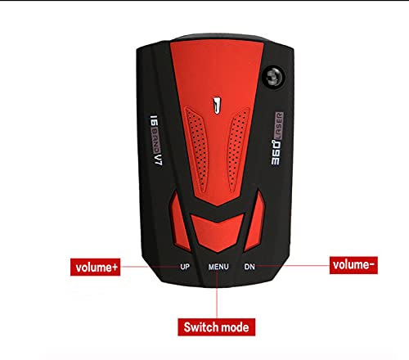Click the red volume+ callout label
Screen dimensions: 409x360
pyautogui.click(x=95, y=267)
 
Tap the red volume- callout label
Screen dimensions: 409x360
pyautogui.click(x=353, y=265)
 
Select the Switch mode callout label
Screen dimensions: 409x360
pyautogui.click(x=217, y=327)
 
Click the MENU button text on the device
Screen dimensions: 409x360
pyautogui.click(x=218, y=267)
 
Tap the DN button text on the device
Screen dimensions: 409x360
pyautogui.click(x=249, y=267)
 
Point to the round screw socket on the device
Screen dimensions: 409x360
pyautogui.click(x=273, y=77)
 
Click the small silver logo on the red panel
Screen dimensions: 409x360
pyautogui.click(x=217, y=106)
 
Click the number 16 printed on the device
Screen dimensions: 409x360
pyautogui.click(x=155, y=120)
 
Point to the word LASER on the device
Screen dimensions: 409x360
pyautogui.click(x=279, y=125)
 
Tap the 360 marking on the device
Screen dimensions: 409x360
pyautogui.click(x=276, y=152)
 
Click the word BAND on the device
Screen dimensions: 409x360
pyautogui.click(x=156, y=140)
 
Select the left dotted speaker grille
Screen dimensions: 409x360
pyautogui.click(x=197, y=150)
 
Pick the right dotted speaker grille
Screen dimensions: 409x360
pyautogui.click(x=237, y=150)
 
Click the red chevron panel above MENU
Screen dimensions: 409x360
pyautogui.click(x=217, y=232)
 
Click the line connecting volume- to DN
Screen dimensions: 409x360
pyautogui.click(x=293, y=265)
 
